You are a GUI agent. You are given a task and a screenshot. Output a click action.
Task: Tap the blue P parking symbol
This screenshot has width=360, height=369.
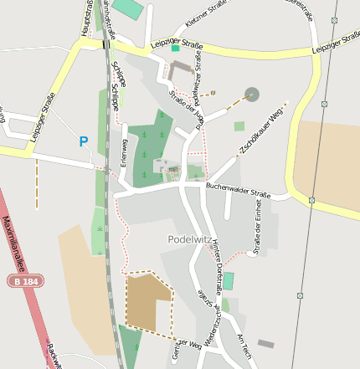tap(83, 142)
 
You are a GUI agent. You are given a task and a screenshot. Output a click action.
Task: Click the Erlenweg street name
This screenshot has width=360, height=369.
tap(123, 151)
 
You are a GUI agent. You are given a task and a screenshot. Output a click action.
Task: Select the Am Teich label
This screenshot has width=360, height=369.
tap(244, 342)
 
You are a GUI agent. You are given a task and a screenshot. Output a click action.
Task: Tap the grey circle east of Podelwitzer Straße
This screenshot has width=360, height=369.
tap(252, 94)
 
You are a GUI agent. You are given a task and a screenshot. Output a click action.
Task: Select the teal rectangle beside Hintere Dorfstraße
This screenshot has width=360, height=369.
tap(229, 280)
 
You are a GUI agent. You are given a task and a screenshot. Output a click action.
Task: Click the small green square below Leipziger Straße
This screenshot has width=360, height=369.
tap(175, 49)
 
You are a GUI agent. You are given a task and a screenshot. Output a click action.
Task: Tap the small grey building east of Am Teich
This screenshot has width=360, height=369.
tap(265, 343)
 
